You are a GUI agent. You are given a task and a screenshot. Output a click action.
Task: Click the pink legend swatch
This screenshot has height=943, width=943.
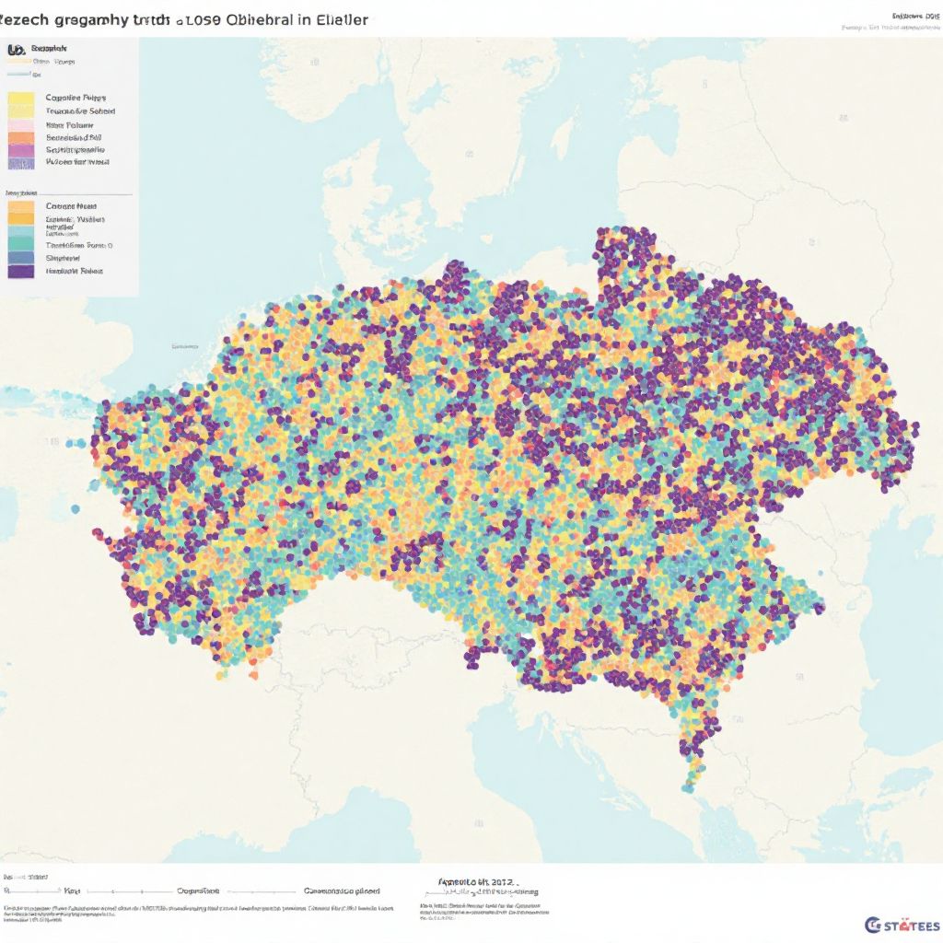pyautogui.click(x=20, y=125)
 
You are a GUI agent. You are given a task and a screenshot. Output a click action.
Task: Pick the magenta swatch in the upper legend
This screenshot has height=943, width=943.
pyautogui.click(x=20, y=149)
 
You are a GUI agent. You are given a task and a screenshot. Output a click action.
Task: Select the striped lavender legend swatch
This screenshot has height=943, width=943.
pyautogui.click(x=20, y=162)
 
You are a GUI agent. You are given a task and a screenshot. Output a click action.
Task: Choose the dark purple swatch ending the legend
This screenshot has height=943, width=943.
pyautogui.click(x=20, y=271)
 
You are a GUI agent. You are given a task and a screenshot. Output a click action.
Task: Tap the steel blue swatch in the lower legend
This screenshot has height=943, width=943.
pyautogui.click(x=20, y=258)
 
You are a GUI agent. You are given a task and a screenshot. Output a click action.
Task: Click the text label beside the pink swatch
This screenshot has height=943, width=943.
pyautogui.click(x=69, y=124)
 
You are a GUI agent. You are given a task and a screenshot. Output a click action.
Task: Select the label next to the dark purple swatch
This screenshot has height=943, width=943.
pyautogui.click(x=74, y=272)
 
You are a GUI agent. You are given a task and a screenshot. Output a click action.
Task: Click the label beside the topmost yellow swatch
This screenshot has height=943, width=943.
pyautogui.click(x=76, y=97)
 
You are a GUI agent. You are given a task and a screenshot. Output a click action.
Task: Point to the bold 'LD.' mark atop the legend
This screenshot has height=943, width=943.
pyautogui.click(x=15, y=51)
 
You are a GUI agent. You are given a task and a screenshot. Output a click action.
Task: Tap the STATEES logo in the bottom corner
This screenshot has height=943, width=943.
pyautogui.click(x=902, y=925)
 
